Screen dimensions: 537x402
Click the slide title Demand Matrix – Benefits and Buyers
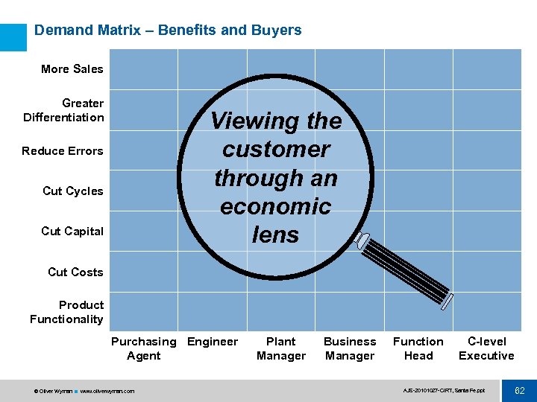pyautogui.click(x=168, y=31)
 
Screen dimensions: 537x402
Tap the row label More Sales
pyautogui.click(x=72, y=69)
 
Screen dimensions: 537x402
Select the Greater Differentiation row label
pyautogui.click(x=64, y=110)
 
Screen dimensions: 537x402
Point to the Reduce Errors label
pyautogui.click(x=63, y=151)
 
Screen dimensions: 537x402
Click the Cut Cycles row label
pyautogui.click(x=73, y=191)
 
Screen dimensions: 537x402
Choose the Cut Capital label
pyautogui.click(x=72, y=232)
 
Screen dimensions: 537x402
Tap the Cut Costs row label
pyautogui.click(x=75, y=272)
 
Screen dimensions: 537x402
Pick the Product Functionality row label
pyautogui.click(x=67, y=312)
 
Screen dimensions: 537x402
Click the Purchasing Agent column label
pyautogui.click(x=143, y=348)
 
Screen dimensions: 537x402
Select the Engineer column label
pyautogui.click(x=213, y=342)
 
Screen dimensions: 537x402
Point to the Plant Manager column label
pyautogui.click(x=281, y=348)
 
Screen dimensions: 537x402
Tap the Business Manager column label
pyautogui.click(x=350, y=348)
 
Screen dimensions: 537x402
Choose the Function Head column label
pyautogui.click(x=418, y=348)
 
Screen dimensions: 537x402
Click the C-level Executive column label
pyautogui.click(x=486, y=348)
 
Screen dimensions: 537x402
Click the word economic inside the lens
pyautogui.click(x=276, y=206)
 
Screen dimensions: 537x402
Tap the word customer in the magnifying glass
pyautogui.click(x=276, y=150)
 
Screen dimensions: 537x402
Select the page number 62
pyautogui.click(x=520, y=391)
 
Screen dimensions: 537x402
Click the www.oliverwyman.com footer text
pyautogui.click(x=107, y=391)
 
